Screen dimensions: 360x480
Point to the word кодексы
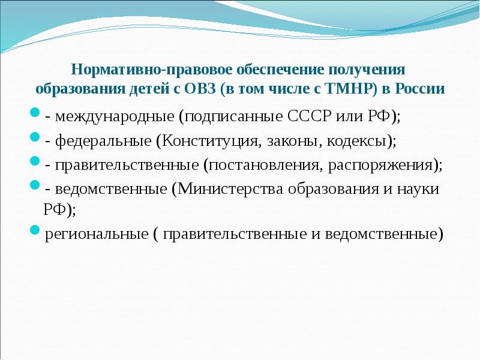pos(358,141)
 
